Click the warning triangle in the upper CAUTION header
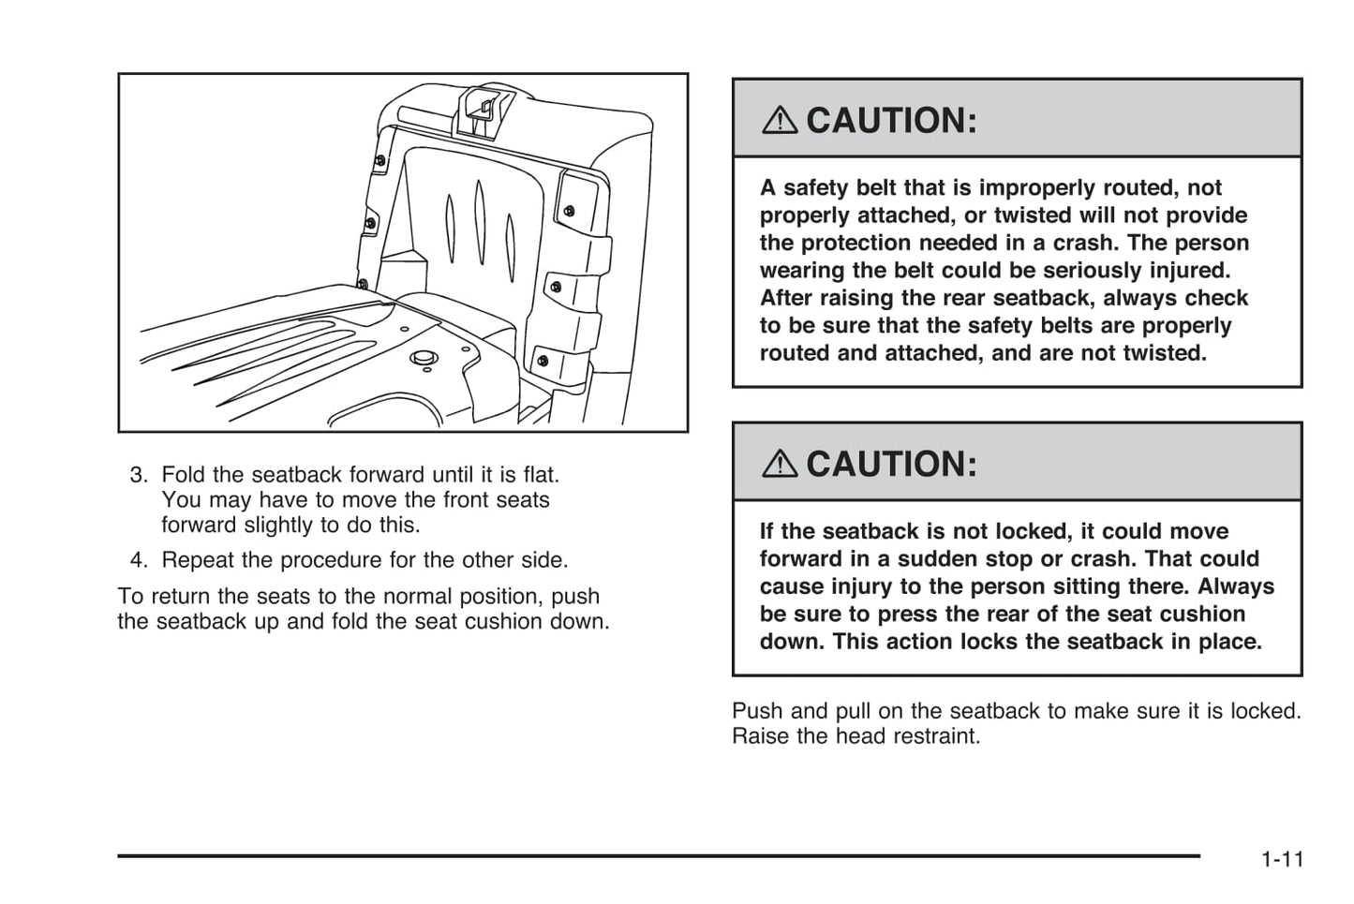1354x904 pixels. (780, 120)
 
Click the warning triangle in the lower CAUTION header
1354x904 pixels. (780, 464)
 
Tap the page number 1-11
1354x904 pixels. (1282, 859)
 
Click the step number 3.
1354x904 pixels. (139, 475)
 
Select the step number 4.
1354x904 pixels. (139, 560)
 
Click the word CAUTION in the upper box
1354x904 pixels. (891, 120)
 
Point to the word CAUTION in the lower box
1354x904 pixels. (891, 464)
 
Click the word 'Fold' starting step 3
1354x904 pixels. (183, 475)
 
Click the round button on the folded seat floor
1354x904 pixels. (424, 357)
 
